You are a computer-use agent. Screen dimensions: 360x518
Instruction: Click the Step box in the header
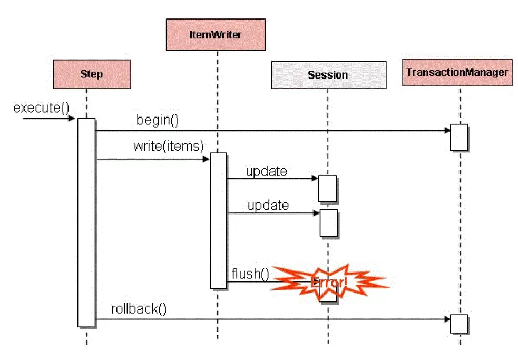(92, 74)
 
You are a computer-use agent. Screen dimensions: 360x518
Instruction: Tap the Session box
(327, 75)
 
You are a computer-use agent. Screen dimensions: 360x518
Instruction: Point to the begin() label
(158, 120)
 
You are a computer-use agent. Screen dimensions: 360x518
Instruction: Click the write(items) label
(168, 146)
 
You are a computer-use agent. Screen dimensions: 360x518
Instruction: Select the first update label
(266, 171)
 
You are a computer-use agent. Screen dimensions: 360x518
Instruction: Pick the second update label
(268, 205)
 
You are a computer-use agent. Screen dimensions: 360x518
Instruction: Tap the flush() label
(250, 274)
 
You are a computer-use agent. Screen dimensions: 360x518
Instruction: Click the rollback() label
(139, 308)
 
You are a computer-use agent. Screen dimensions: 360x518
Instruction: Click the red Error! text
(329, 283)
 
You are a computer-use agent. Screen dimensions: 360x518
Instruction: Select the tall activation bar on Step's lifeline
(86, 221)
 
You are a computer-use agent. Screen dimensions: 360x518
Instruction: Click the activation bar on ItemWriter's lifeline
(218, 220)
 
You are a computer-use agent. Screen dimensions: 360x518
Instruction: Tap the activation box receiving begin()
(458, 137)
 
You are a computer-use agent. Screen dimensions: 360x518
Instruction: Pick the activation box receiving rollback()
(458, 324)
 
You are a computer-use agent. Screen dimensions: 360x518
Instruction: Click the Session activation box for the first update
(327, 188)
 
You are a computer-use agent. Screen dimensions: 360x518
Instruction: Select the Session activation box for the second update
(328, 222)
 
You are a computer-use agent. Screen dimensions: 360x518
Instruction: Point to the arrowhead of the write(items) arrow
(207, 159)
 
